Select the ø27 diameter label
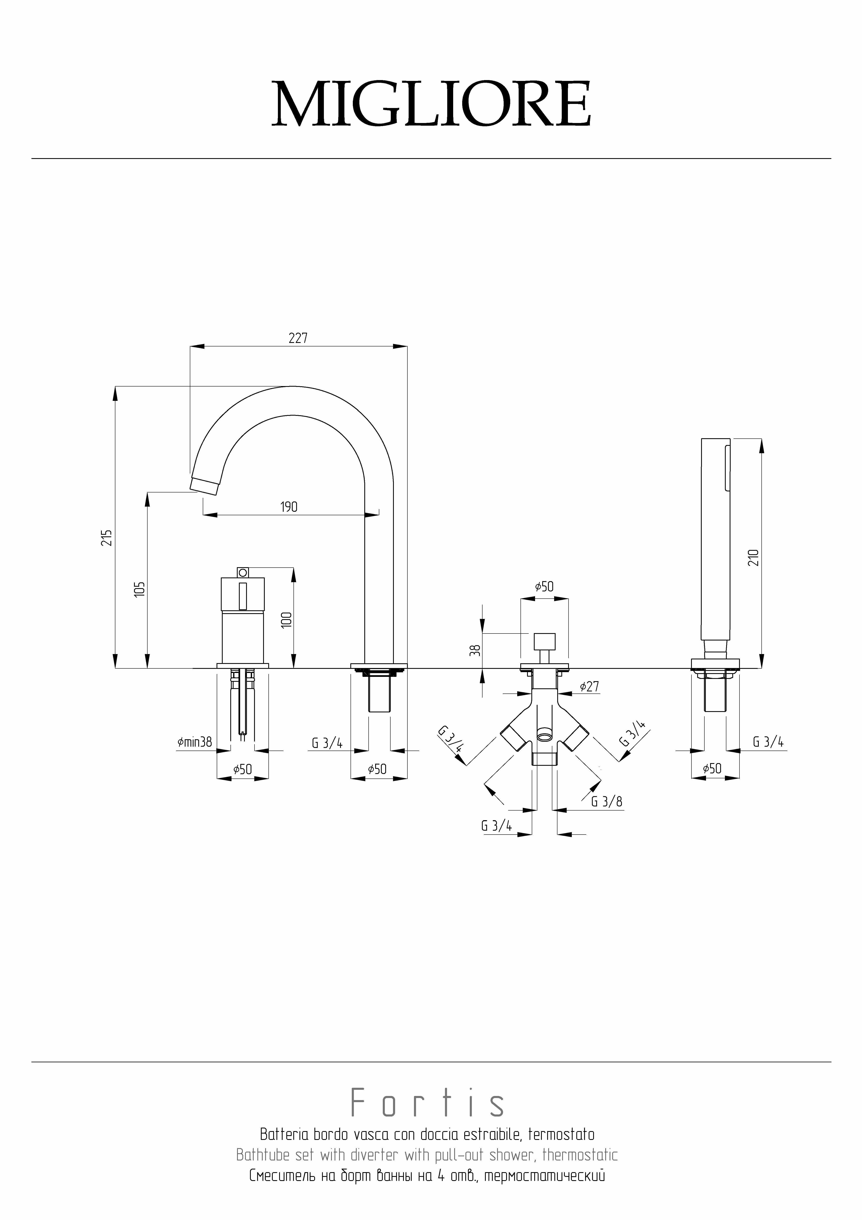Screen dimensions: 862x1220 pos(589,686)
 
